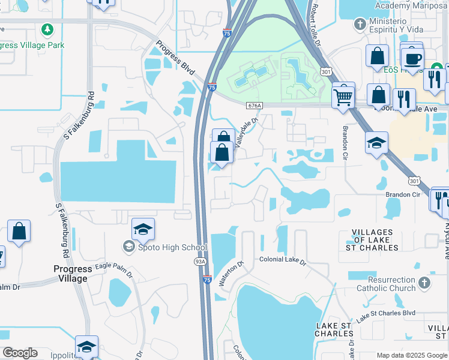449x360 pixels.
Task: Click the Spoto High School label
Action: coord(172,247)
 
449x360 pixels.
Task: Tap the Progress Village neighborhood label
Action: coord(72,274)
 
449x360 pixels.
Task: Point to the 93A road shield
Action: coord(200,261)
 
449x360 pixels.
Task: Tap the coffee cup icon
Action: coord(412,58)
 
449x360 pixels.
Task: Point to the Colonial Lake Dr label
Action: coord(283,261)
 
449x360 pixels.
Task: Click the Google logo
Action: coord(20,353)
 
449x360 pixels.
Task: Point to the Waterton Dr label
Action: coord(231,274)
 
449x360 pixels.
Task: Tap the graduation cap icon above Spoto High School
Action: coord(143,229)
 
